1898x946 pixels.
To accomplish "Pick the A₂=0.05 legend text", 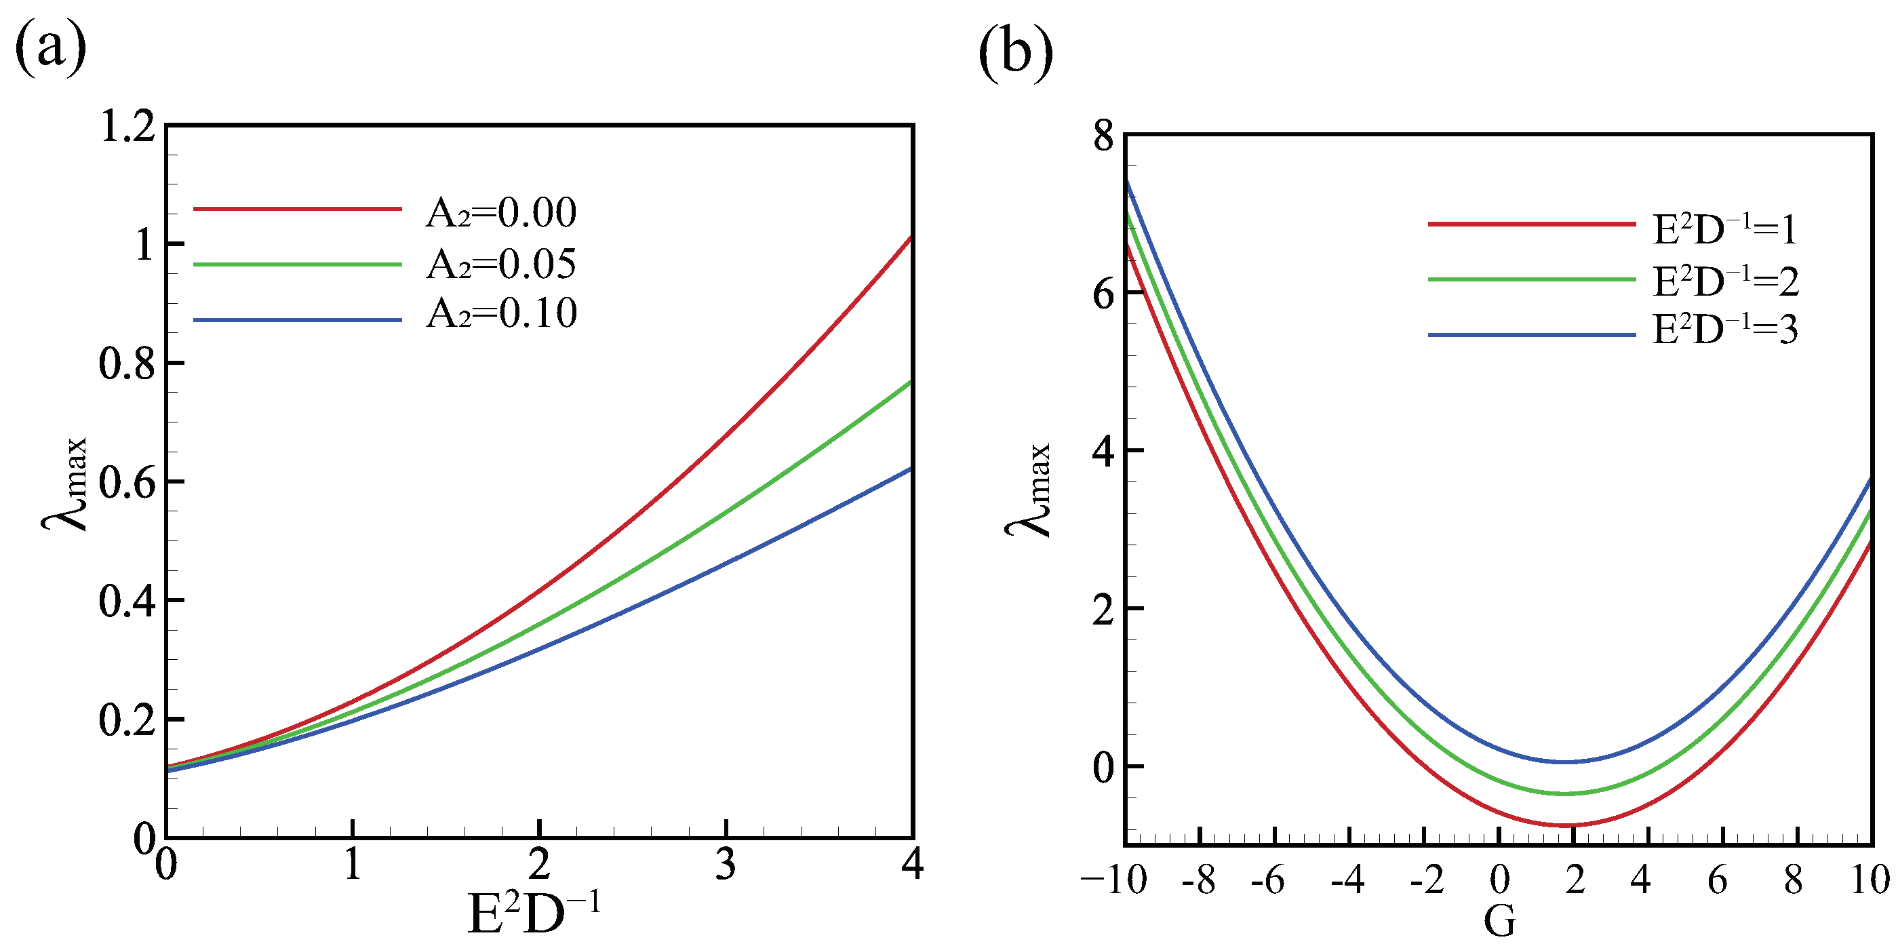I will (501, 264).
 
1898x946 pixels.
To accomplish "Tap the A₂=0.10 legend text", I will (501, 313).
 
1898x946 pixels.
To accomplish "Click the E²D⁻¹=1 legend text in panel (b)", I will (1724, 229).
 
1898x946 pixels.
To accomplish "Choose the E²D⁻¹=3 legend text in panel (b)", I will (1724, 330).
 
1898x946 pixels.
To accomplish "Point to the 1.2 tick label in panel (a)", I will (128, 127).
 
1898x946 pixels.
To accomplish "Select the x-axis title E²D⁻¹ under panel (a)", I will (534, 913).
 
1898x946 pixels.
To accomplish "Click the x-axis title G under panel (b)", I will (1499, 921).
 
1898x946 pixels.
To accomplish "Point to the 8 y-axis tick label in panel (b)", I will (1103, 137).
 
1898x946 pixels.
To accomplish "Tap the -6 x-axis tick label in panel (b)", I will (1267, 880).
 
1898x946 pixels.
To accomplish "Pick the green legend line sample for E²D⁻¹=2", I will (1531, 279).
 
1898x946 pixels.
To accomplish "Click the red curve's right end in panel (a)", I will (911, 237).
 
